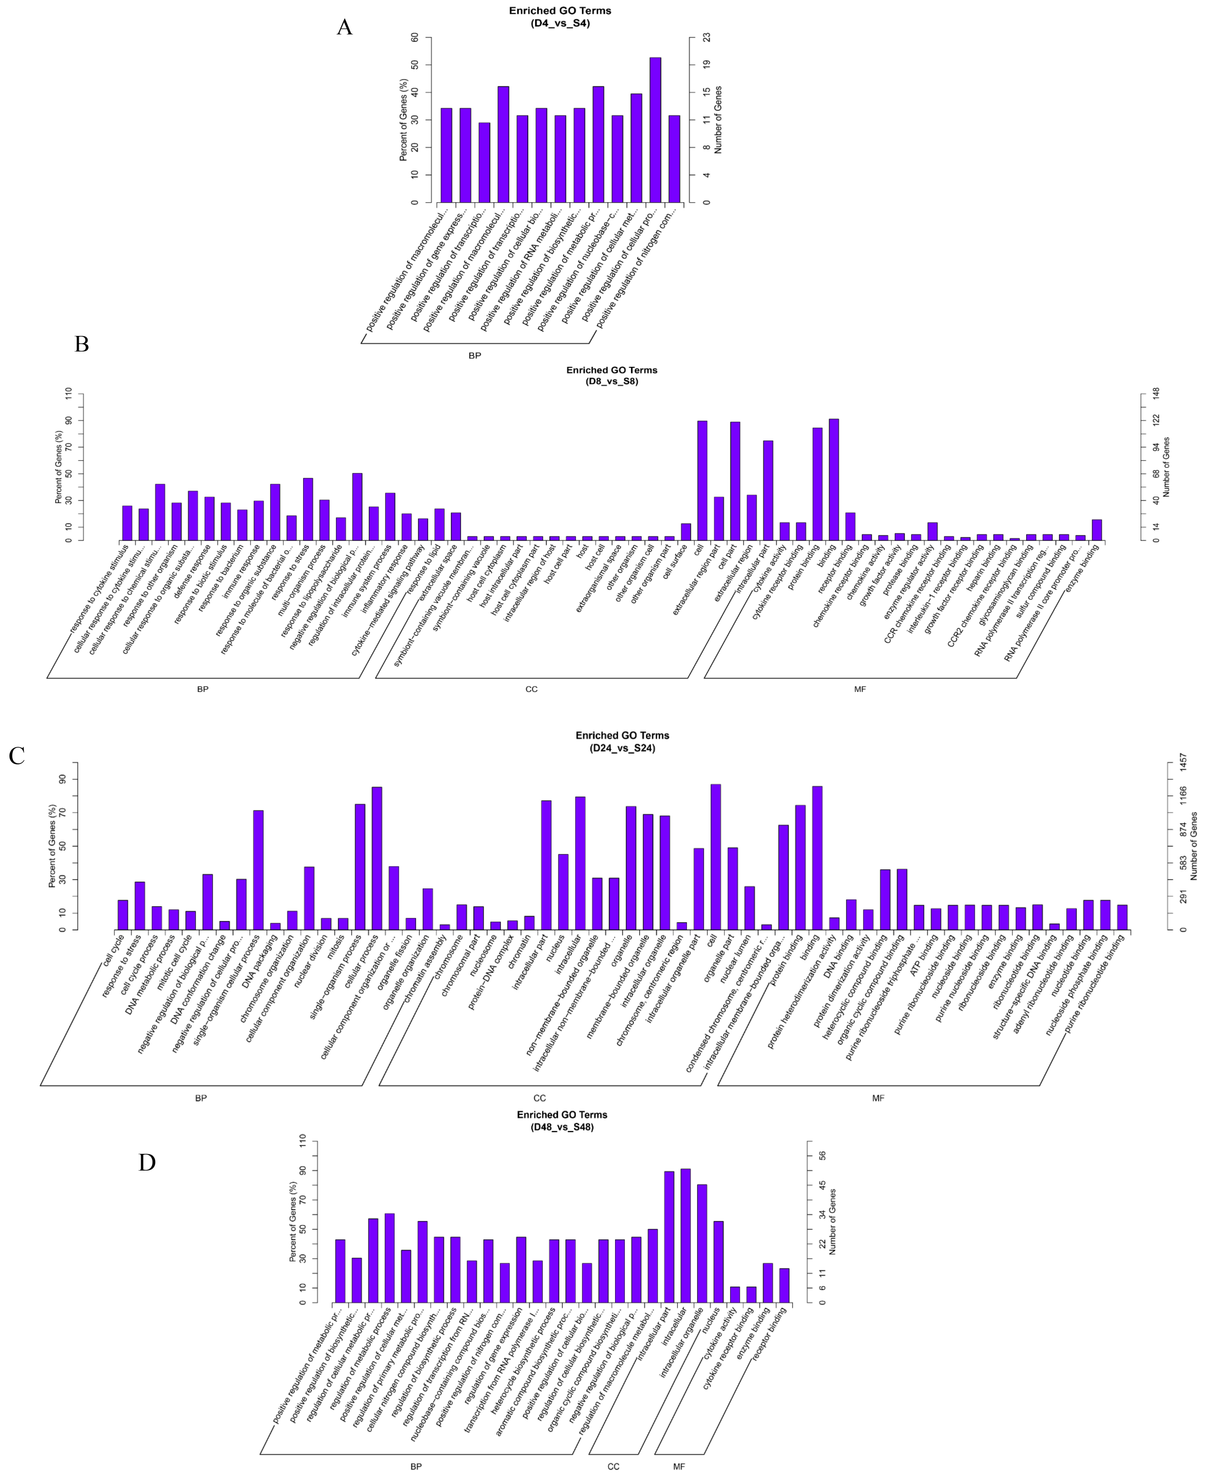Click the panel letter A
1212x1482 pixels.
(344, 28)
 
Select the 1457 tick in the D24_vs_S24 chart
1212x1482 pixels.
(1183, 763)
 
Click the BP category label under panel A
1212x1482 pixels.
(475, 355)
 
